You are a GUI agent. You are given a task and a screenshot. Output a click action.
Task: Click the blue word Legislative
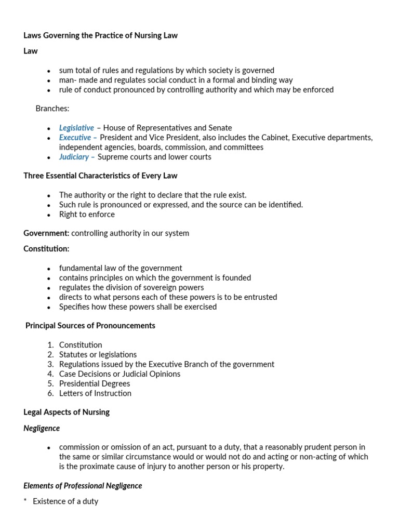(76, 128)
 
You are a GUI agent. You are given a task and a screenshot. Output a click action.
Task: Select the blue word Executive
(75, 138)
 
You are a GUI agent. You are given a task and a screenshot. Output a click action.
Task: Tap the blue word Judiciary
(74, 157)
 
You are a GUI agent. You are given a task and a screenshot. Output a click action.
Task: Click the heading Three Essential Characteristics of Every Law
(100, 176)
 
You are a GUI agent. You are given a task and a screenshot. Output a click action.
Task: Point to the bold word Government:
(46, 233)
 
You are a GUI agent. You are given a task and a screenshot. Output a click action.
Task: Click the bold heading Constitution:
(46, 249)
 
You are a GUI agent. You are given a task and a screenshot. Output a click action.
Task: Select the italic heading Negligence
(42, 429)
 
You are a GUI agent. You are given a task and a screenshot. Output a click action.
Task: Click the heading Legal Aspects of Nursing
(66, 413)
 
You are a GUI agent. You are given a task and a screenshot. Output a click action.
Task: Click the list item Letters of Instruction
(95, 393)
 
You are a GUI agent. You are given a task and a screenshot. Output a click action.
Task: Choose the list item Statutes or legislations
(98, 354)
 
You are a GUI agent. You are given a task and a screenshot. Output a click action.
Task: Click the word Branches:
(52, 109)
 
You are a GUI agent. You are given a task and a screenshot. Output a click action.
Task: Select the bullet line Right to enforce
(87, 214)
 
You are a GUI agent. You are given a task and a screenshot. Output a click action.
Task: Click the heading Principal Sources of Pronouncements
(90, 326)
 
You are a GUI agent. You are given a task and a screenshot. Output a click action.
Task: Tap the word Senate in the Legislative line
(220, 128)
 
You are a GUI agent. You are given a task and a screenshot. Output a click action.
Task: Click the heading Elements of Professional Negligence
(83, 486)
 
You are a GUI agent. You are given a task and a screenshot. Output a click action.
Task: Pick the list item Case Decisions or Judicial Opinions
(119, 374)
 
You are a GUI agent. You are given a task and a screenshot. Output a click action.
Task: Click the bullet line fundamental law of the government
(121, 268)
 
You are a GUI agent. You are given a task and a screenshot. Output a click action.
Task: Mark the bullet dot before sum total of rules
(49, 71)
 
